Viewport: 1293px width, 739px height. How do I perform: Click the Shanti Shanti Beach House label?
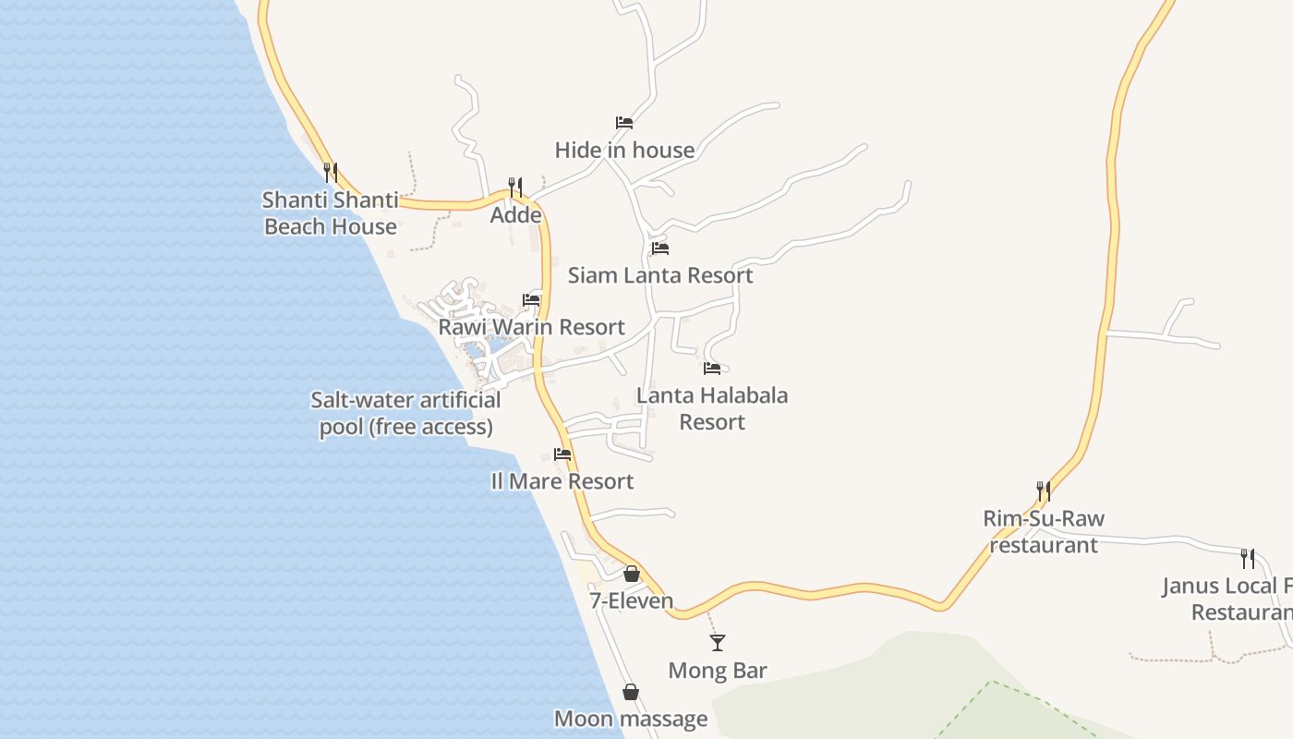[331, 213]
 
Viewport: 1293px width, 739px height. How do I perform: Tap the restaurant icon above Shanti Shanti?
[331, 172]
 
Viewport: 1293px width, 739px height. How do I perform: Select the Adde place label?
[515, 215]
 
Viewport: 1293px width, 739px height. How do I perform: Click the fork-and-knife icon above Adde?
[515, 187]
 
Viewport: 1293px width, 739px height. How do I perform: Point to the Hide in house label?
[624, 150]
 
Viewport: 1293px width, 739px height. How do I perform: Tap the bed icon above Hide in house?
[624, 122]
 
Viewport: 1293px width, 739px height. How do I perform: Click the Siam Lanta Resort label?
[660, 275]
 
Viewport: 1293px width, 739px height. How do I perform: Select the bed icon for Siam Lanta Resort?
[659, 248]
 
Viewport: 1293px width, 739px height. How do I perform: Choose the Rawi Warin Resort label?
[531, 327]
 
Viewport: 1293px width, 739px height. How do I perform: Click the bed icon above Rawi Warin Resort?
[531, 299]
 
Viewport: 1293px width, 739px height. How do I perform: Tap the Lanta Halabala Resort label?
[712, 408]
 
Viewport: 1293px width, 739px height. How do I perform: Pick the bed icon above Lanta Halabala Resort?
[712, 368]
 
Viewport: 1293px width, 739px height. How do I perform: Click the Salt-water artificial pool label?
[405, 413]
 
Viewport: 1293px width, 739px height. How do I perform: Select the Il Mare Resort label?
[562, 481]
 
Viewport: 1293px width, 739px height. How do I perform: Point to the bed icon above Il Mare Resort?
[562, 454]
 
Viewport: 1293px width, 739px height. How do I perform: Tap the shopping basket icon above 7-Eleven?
[632, 574]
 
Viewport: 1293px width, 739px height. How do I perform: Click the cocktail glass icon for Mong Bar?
[718, 642]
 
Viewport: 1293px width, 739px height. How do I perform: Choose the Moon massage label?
[631, 719]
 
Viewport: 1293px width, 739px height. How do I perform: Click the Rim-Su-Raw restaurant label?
[1044, 531]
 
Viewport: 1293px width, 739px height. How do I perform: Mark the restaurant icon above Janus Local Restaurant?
[1247, 558]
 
